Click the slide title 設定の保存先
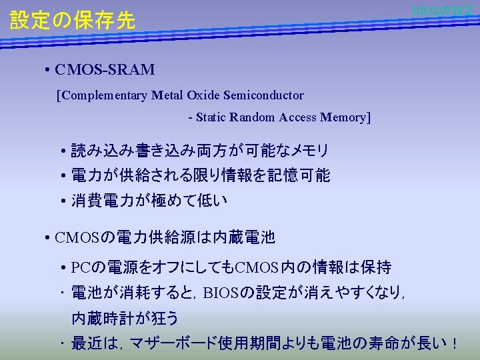(x=73, y=21)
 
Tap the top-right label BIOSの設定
(x=443, y=11)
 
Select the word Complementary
(x=105, y=95)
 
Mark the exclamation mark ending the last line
(x=454, y=343)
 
